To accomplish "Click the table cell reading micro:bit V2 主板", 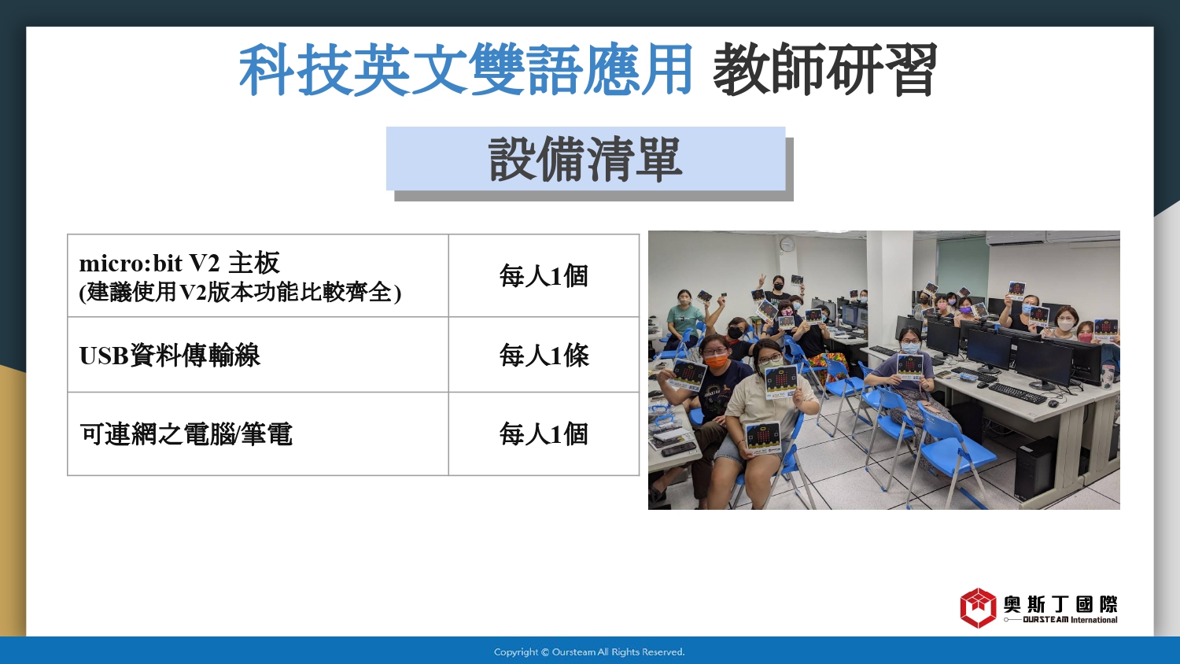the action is pos(258,275).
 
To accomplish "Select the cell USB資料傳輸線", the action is pos(258,355).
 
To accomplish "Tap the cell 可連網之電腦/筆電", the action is pos(258,433).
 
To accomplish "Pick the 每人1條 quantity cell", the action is pos(544,355).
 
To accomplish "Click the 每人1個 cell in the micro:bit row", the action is pos(544,275).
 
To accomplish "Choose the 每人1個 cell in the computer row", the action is pos(544,433).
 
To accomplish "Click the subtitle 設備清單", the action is pos(585,159).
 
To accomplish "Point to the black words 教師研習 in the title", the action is pos(825,69).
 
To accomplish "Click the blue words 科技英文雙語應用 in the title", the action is pos(466,69).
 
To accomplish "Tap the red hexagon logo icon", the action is pos(978,607).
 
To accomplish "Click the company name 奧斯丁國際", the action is pos(1060,604).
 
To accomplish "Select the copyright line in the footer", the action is pos(589,652).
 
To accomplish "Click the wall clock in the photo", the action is pos(786,243).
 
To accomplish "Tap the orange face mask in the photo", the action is pos(717,361).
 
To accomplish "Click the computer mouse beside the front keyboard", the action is pos(1053,404).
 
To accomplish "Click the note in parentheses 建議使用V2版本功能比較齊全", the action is pos(240,293).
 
